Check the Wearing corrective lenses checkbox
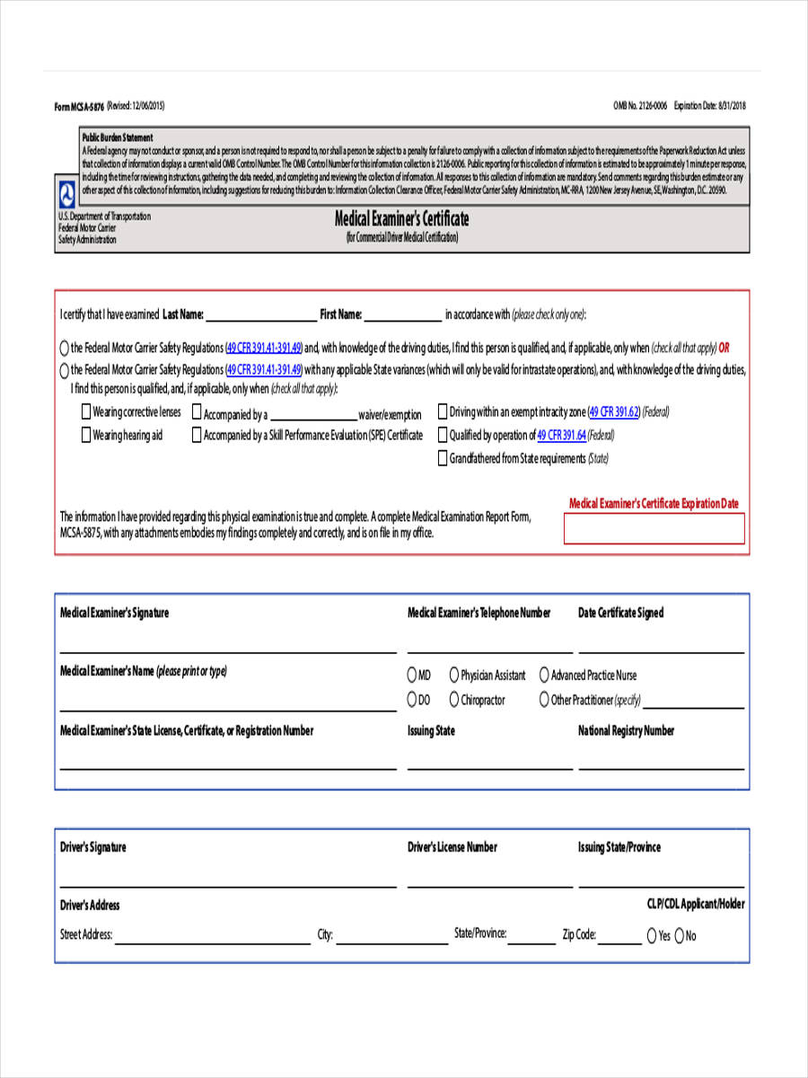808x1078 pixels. (x=86, y=412)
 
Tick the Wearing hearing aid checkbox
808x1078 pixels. (x=86, y=436)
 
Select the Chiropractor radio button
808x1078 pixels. (x=454, y=700)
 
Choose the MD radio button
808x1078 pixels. (x=412, y=675)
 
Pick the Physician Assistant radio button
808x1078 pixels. (x=454, y=675)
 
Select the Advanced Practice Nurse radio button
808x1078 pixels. (x=544, y=675)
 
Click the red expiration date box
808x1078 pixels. (x=654, y=529)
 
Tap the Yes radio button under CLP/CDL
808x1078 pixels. (x=652, y=936)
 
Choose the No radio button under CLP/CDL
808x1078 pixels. (x=680, y=936)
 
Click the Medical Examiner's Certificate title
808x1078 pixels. (x=401, y=219)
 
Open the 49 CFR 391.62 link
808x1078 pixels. (x=615, y=412)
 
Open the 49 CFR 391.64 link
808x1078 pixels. (x=561, y=436)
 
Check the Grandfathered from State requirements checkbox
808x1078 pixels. (x=442, y=459)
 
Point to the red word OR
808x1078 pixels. (x=725, y=348)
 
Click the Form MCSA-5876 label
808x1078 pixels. (x=79, y=106)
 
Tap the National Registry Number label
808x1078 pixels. (x=626, y=731)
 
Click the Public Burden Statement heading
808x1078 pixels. (x=118, y=137)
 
